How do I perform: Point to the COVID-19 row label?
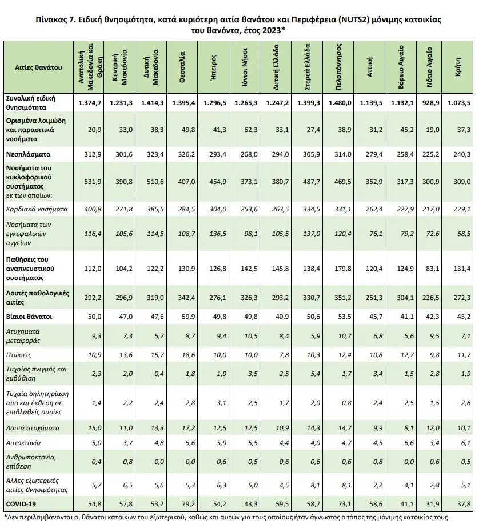tap(21, 503)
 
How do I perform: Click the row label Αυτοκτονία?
tap(23, 442)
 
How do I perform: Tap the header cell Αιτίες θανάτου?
tap(38, 67)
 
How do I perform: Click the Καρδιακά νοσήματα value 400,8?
tap(92, 209)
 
